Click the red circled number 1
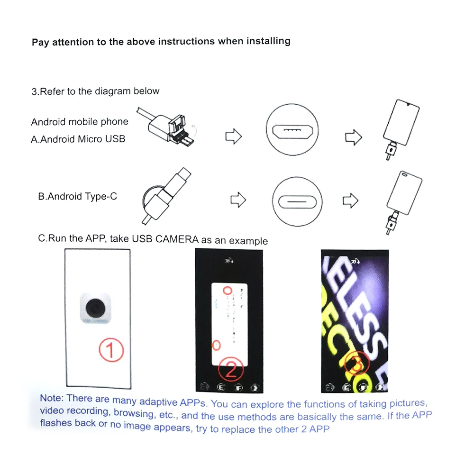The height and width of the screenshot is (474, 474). coord(110,351)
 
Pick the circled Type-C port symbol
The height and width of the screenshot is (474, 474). coord(298,199)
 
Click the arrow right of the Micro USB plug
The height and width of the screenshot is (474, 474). coord(233,137)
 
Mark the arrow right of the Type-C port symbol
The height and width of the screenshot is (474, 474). coord(351,200)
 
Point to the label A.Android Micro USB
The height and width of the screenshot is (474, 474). coord(78,139)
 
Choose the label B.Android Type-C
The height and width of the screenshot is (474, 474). coord(77,196)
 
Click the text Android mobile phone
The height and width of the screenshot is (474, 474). coord(80,122)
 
